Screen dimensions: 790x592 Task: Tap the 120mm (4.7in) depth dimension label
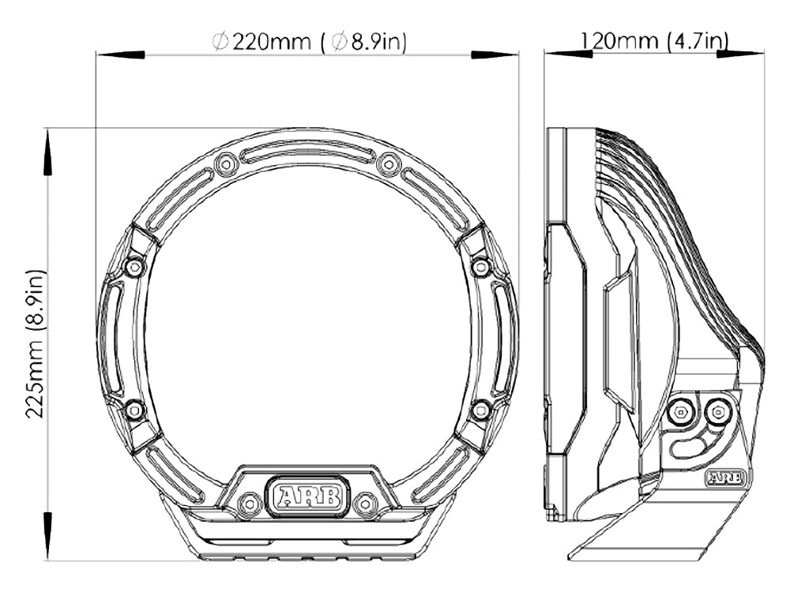tap(655, 40)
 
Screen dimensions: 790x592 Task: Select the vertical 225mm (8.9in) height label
tap(36, 344)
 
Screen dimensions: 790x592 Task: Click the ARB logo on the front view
tap(308, 496)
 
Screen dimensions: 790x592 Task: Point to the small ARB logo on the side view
tap(726, 477)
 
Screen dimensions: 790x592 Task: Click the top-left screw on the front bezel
tap(226, 163)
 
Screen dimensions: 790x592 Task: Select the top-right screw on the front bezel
tap(389, 163)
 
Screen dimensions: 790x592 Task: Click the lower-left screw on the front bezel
tap(134, 410)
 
